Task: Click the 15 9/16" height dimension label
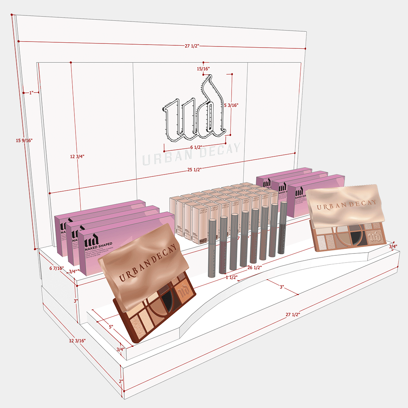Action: (24, 141)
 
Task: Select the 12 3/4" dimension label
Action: (77, 156)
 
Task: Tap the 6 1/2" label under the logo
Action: (196, 147)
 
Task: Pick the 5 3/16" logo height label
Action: (231, 105)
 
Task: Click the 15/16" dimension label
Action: (203, 69)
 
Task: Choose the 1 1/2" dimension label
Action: (231, 277)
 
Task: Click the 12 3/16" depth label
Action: (77, 340)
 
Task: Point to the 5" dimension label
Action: (111, 327)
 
